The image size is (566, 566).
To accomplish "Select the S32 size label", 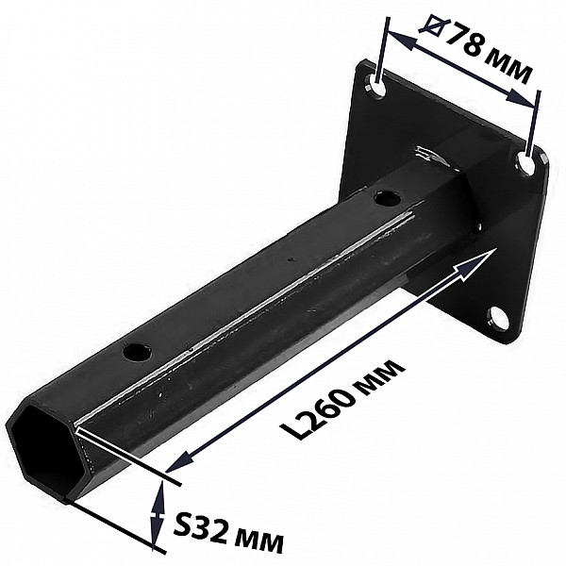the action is tap(201, 526).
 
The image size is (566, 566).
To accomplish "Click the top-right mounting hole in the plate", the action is tap(527, 164).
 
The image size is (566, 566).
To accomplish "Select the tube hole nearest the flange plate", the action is tap(387, 198).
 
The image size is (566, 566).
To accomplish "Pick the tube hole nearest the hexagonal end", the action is tap(137, 350).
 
